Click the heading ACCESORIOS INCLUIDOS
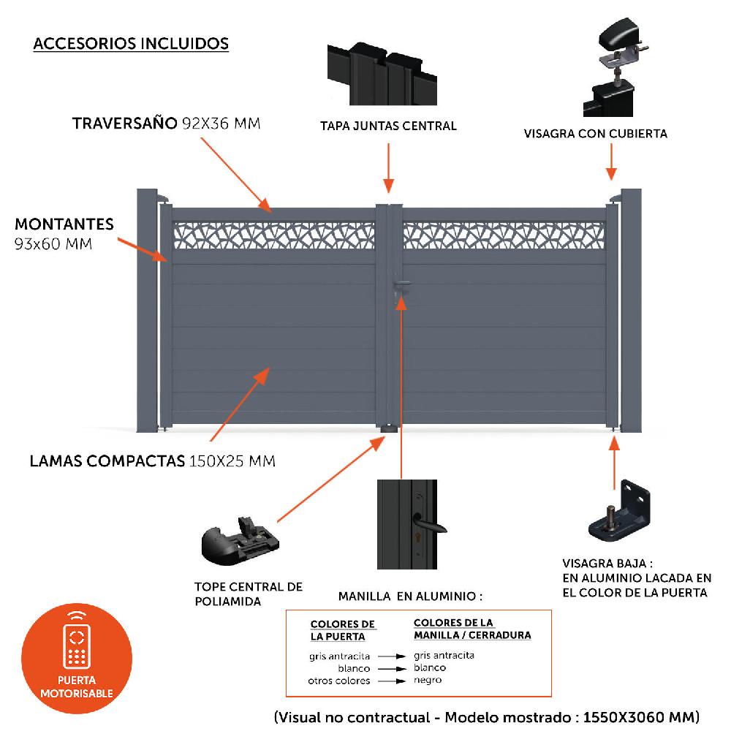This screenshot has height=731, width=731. click(131, 44)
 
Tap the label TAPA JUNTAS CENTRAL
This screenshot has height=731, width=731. click(388, 126)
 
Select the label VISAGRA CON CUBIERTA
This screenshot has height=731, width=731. click(595, 134)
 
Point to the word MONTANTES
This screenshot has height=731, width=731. click(64, 224)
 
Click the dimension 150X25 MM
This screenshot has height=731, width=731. click(232, 461)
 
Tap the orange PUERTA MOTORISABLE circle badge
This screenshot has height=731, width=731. click(77, 655)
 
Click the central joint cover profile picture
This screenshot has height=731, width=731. click(388, 73)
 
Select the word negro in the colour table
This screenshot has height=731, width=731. click(427, 680)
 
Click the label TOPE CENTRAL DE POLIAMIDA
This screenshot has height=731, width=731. click(248, 594)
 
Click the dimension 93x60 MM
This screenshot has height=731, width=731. click(53, 244)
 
